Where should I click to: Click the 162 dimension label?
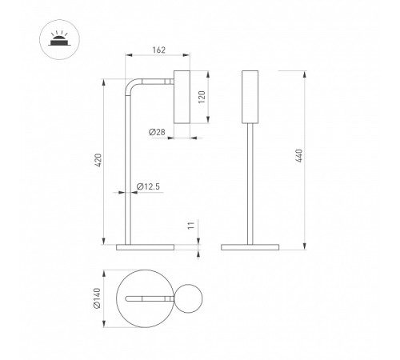[x=159, y=50]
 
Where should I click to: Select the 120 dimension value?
[x=202, y=97]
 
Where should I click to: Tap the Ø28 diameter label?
[x=157, y=132]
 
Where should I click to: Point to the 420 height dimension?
[x=98, y=160]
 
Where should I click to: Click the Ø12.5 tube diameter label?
[x=148, y=186]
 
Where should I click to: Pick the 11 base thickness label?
[x=191, y=225]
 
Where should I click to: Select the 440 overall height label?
[x=299, y=156]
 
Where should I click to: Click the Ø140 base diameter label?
[x=97, y=298]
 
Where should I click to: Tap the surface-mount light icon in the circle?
[x=59, y=39]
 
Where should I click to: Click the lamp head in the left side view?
[x=182, y=97]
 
